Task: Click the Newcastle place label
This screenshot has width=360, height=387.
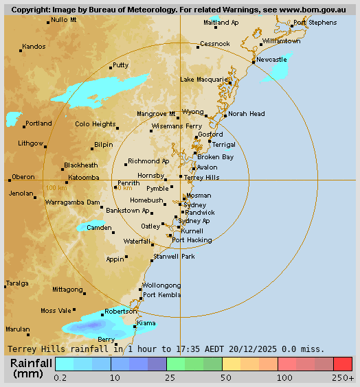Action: point(271,60)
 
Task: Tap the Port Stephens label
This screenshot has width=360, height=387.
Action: point(315,23)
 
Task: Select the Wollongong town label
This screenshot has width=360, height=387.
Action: point(161,285)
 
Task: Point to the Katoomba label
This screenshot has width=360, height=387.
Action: point(83,177)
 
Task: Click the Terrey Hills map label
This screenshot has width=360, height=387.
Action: point(202,177)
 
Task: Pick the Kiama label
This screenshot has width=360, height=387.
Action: point(146,322)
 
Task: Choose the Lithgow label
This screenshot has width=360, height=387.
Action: point(31,143)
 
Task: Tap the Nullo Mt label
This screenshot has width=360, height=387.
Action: point(64,20)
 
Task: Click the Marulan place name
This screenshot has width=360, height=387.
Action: point(18,329)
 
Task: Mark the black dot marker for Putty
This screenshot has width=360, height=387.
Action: point(111,67)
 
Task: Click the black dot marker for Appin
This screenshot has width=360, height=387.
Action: point(126,258)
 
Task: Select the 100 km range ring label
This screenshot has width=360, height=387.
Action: point(56,187)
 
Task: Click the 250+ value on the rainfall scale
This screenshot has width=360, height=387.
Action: point(343,377)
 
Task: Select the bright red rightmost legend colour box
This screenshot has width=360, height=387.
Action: point(343,363)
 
